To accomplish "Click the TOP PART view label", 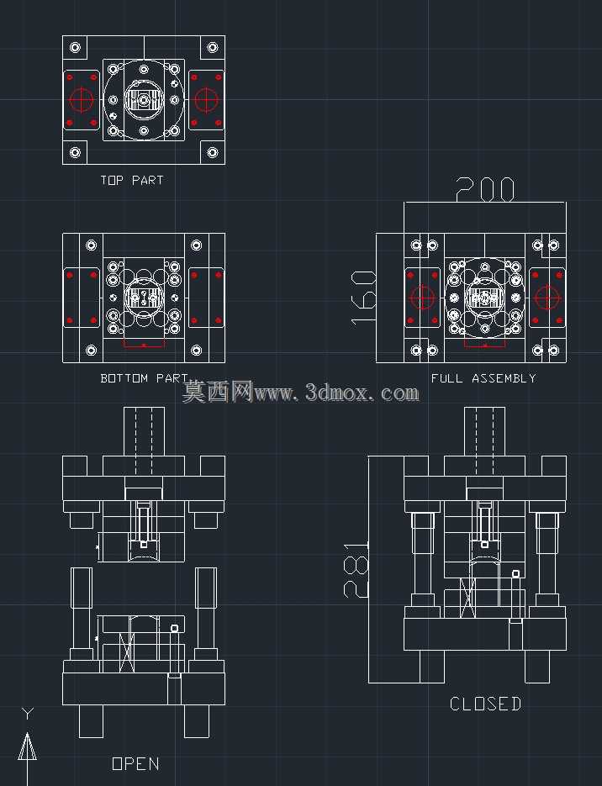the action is pyautogui.click(x=132, y=180).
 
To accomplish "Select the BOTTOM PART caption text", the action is pyautogui.click(x=145, y=378).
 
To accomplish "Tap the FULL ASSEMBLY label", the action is pyautogui.click(x=483, y=378).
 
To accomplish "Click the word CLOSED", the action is pyautogui.click(x=485, y=704).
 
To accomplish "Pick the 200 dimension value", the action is pyautogui.click(x=485, y=189).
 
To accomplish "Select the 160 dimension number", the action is pyautogui.click(x=363, y=298).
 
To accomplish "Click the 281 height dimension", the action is pyautogui.click(x=356, y=569).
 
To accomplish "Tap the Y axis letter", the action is pyautogui.click(x=28, y=713).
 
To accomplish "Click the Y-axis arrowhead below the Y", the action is pyautogui.click(x=27, y=746).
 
